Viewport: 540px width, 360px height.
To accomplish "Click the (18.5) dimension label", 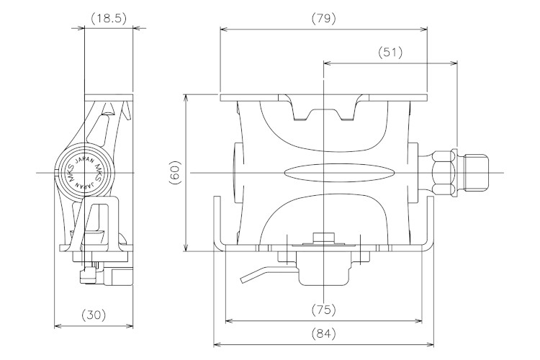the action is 109,18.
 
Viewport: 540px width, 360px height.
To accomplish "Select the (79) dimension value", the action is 323,18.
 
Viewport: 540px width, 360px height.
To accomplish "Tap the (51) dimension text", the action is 390,53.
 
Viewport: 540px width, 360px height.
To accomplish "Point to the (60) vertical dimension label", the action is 175,172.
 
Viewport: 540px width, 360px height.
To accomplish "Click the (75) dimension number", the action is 323,310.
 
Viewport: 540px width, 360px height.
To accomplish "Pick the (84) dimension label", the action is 323,333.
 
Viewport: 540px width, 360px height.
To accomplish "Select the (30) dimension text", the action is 94,315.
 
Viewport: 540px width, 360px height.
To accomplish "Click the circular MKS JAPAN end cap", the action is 84,169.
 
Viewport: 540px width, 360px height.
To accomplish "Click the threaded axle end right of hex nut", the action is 476,172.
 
